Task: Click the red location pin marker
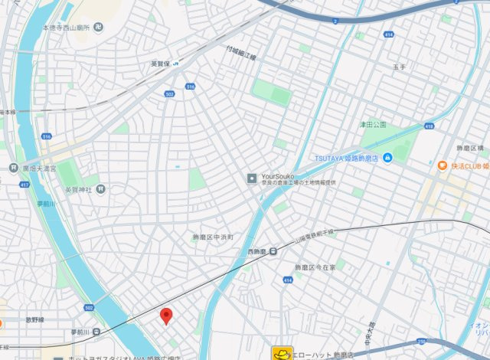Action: coord(165,315)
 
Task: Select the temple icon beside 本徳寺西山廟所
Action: coord(99,28)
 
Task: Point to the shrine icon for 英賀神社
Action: coord(100,188)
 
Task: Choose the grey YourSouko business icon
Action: coord(251,178)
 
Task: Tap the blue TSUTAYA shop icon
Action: coord(388,159)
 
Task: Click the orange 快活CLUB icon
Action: coord(443,165)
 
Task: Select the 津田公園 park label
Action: coord(374,124)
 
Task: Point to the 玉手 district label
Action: coord(400,67)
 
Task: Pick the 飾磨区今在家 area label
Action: coord(316,267)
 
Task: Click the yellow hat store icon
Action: coord(282,353)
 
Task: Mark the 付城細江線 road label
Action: coord(241,53)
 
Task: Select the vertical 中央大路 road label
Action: coord(373,332)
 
